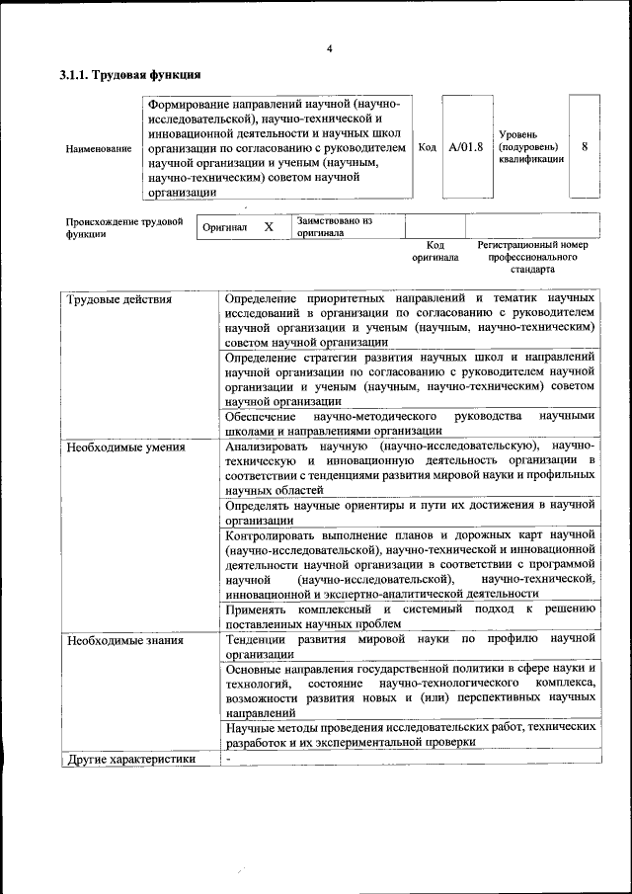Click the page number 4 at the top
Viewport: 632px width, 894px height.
coord(329,49)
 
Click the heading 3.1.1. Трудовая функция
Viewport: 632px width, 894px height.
coord(130,75)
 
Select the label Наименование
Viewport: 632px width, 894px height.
coord(98,148)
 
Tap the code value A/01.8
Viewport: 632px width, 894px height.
coord(466,147)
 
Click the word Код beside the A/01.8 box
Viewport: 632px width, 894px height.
coord(428,147)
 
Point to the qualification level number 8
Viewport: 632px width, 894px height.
coord(585,146)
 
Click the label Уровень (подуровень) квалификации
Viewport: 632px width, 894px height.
coord(531,145)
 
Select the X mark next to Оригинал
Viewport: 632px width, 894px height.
coord(268,227)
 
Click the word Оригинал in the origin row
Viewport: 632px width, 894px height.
coord(224,227)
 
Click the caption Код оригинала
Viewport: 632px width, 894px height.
coord(435,251)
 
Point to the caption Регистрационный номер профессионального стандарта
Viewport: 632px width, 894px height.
coord(532,257)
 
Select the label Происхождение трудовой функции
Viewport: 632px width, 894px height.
coord(123,228)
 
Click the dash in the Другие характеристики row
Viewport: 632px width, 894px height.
coord(228,759)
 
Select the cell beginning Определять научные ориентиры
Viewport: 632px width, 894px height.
coord(409,512)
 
